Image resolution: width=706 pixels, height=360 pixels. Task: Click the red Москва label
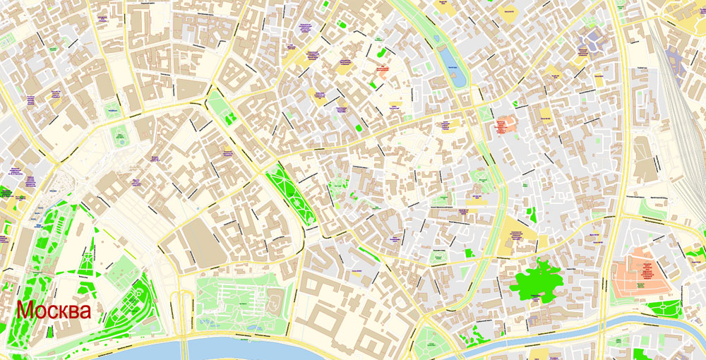(x=54, y=311)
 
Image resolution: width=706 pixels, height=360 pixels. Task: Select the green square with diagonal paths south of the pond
(x=484, y=113)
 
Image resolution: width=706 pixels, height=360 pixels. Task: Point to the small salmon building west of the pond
(x=382, y=69)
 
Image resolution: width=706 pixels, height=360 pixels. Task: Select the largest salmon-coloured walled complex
(x=641, y=272)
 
